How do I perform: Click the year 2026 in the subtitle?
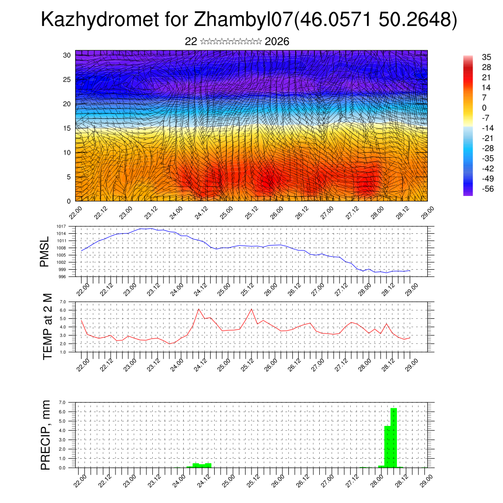click(x=277, y=42)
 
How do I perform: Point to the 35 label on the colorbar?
click(x=473, y=57)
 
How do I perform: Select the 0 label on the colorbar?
click(x=471, y=108)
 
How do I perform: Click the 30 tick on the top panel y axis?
click(x=67, y=55)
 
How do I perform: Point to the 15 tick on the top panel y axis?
click(x=67, y=128)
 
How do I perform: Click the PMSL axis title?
click(x=46, y=251)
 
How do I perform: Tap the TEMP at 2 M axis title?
click(x=47, y=326)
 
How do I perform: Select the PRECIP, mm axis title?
click(x=46, y=434)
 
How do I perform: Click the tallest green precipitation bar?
click(x=393, y=437)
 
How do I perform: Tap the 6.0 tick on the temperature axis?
click(x=63, y=310)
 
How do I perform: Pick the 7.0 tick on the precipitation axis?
click(x=63, y=402)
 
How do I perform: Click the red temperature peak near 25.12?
click(x=251, y=309)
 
